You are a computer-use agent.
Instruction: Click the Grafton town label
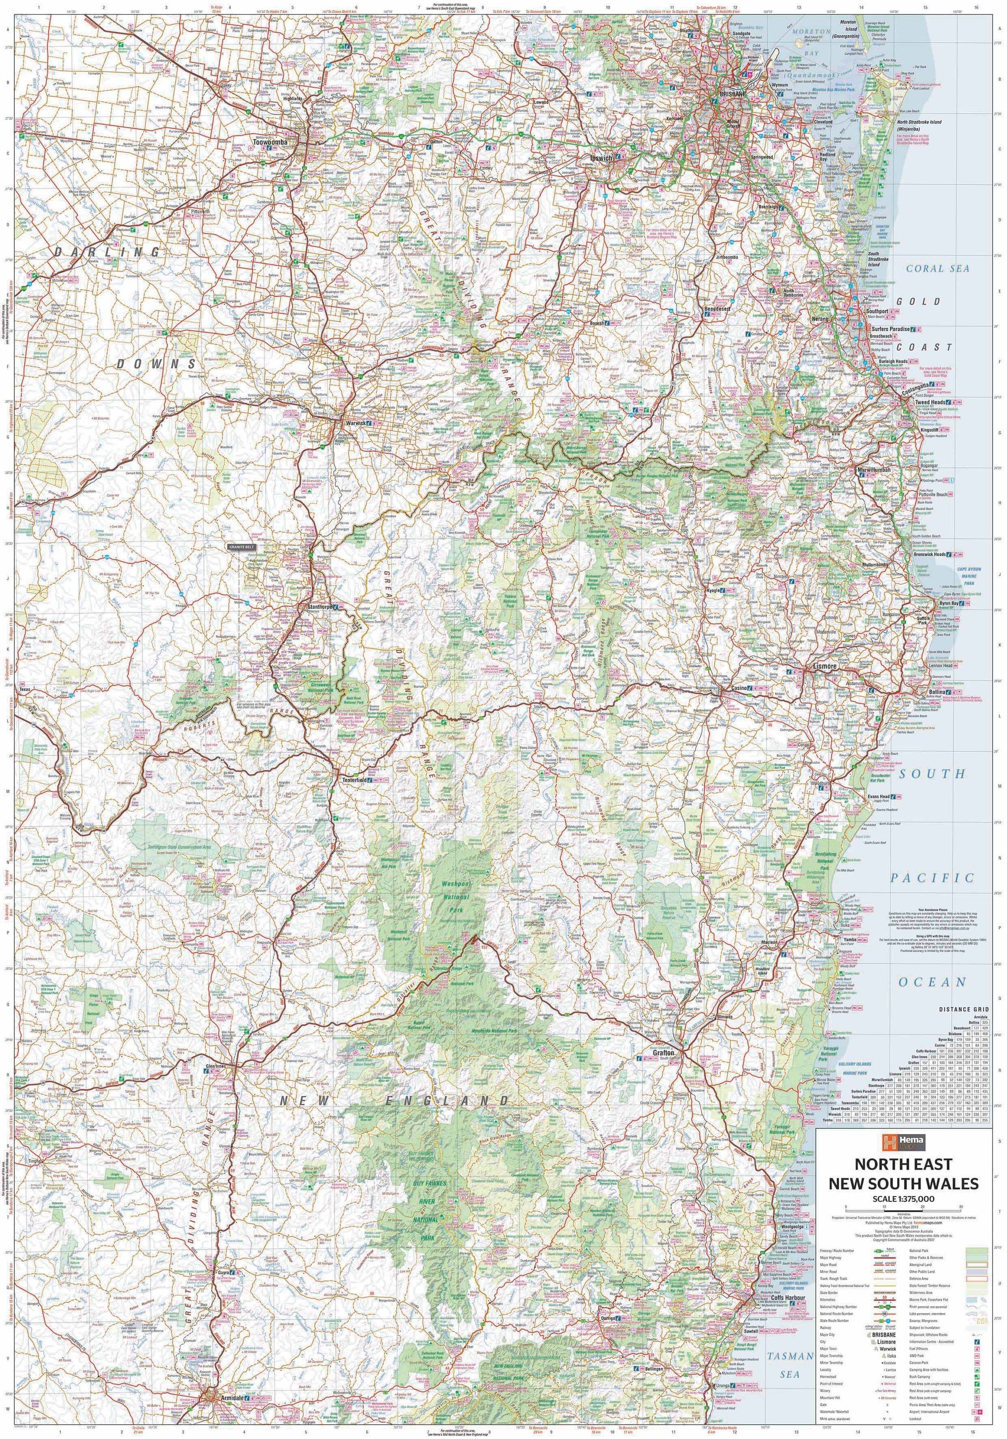[663, 1054]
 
